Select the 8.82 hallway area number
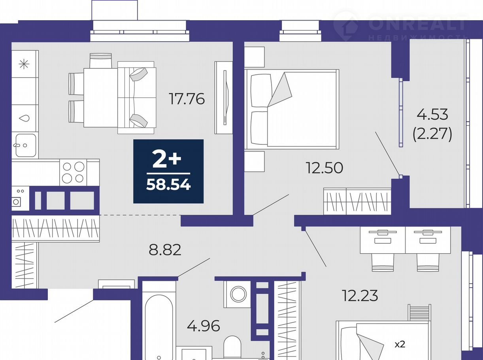pos(165,250)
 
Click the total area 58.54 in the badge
pos(168,185)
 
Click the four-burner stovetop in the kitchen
pos(73,172)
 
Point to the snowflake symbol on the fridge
pos(24,64)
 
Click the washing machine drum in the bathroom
pos(238,294)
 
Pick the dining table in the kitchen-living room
pos(101,97)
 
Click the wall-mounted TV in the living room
pos(225,97)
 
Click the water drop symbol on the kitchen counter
pos(24,118)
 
